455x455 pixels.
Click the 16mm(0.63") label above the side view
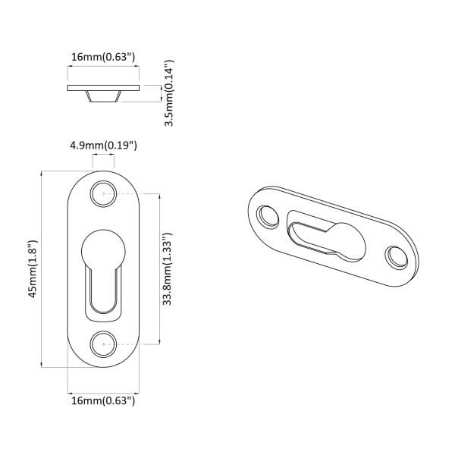[103, 56]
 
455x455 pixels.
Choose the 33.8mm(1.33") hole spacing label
[169, 269]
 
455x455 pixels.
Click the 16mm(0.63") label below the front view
[103, 400]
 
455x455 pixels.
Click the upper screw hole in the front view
[103, 194]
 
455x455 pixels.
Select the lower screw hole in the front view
[103, 344]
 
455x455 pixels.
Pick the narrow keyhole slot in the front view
[103, 292]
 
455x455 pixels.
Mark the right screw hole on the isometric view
[395, 258]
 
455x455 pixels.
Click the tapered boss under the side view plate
[103, 98]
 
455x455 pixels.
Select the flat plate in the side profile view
[103, 88]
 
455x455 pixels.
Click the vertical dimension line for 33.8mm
[158, 269]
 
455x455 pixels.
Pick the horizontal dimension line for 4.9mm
[103, 156]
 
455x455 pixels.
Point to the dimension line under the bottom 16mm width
[103, 388]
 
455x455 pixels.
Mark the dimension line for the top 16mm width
[103, 67]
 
